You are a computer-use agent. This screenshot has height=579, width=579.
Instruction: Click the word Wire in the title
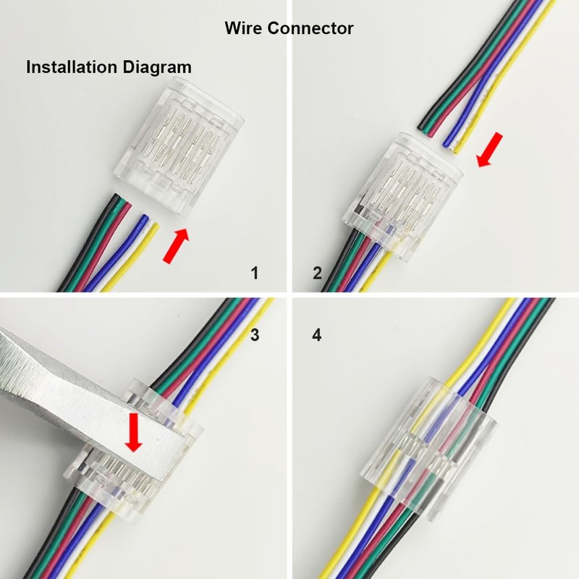(243, 28)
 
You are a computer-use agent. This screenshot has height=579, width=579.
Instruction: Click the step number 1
(254, 273)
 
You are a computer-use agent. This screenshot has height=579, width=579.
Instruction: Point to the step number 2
(317, 273)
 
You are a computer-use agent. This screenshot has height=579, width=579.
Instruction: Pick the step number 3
(254, 335)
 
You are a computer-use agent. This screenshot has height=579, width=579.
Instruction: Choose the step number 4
(317, 335)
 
